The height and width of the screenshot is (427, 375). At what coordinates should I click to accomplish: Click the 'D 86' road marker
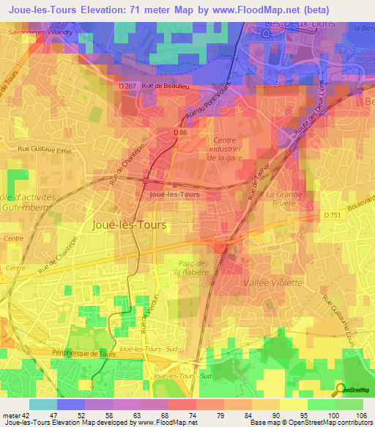pyautogui.click(x=182, y=132)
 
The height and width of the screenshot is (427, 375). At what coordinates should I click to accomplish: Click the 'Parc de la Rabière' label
pyautogui.click(x=193, y=267)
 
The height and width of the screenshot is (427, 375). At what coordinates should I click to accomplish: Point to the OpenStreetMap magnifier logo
pyautogui.click(x=340, y=388)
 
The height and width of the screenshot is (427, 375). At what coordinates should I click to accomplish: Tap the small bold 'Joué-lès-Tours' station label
pyautogui.click(x=174, y=194)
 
